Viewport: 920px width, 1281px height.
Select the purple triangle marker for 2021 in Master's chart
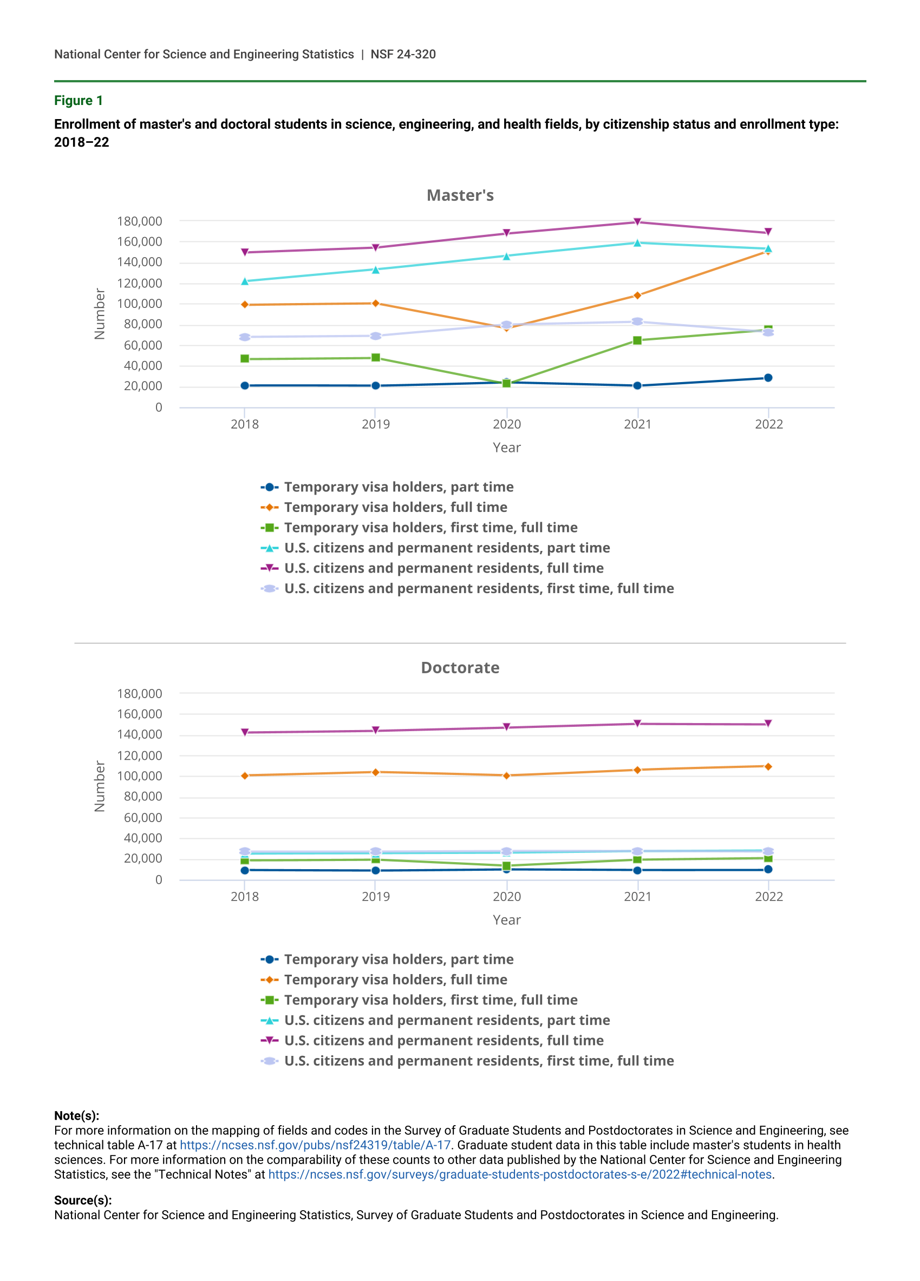(637, 222)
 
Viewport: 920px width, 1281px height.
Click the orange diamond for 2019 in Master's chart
(375, 303)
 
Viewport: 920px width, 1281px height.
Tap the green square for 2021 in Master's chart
(637, 340)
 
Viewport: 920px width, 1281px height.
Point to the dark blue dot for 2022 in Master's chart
(767, 378)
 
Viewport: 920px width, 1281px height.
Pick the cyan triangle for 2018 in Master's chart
(245, 281)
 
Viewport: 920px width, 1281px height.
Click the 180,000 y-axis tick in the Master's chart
(139, 221)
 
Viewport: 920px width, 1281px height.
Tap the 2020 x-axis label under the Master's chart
(506, 424)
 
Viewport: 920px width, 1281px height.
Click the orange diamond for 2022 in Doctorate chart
(767, 766)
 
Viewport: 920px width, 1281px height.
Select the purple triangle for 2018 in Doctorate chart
(245, 733)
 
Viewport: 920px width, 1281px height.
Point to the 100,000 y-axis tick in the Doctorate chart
(139, 776)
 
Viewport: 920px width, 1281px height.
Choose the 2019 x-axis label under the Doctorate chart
(375, 896)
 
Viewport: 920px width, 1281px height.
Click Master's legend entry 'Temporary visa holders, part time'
(399, 487)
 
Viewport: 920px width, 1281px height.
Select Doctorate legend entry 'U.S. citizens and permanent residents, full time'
(443, 1040)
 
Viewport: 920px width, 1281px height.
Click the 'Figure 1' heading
(79, 101)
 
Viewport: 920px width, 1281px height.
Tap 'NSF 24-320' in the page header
(403, 54)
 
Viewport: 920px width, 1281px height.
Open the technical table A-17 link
(315, 1145)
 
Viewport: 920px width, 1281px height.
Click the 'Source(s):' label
(82, 1200)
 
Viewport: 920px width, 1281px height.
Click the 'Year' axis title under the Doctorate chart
(506, 919)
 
